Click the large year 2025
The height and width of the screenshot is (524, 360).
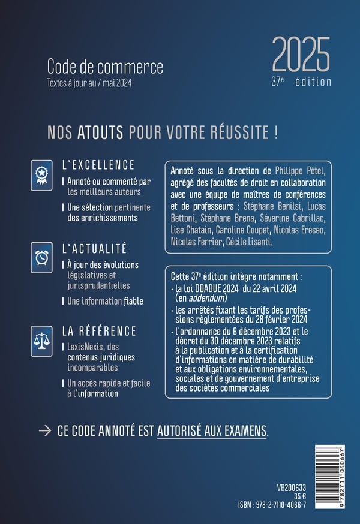point(301,55)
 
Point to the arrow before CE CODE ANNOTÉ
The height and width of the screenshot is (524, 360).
point(44,430)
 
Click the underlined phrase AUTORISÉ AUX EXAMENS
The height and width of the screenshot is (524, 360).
point(212,430)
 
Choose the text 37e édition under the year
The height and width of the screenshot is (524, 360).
point(305,82)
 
